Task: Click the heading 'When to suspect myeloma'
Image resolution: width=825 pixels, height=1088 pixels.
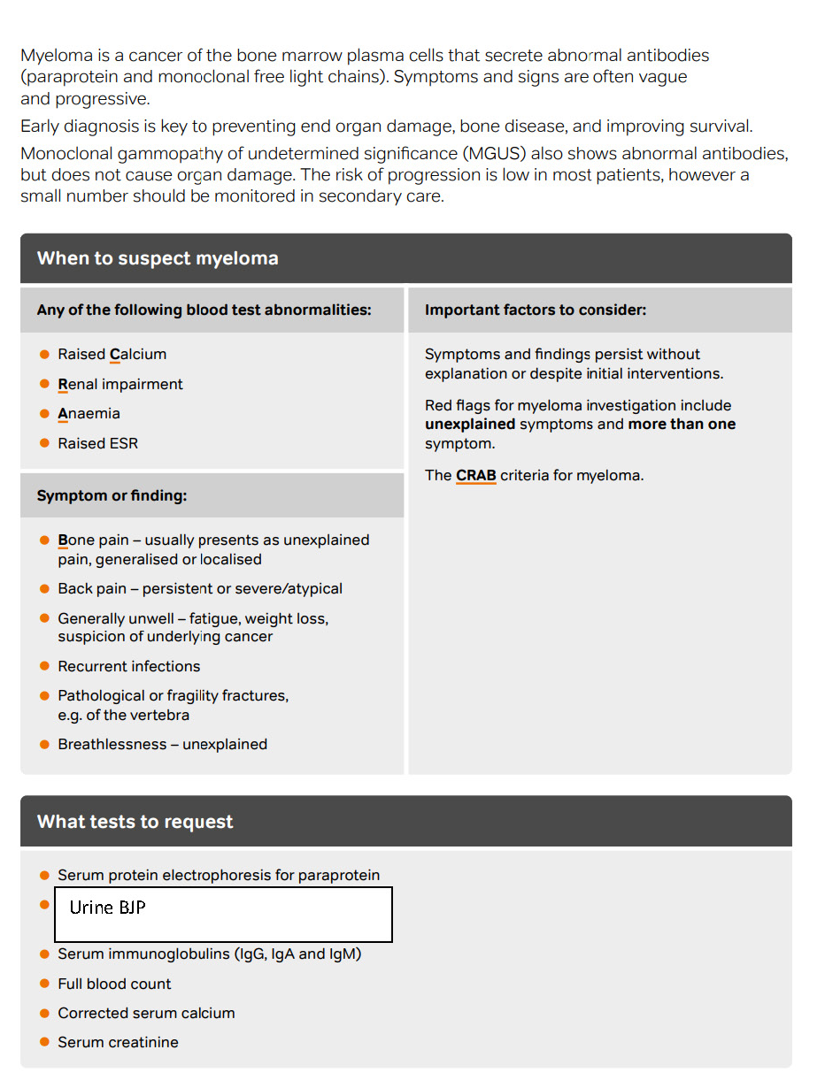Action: [x=158, y=258]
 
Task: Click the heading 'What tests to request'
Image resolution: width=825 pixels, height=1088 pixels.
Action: [x=135, y=822]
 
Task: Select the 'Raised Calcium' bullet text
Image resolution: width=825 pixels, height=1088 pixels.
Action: [x=112, y=355]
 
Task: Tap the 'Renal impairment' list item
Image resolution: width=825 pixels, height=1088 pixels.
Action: [x=120, y=384]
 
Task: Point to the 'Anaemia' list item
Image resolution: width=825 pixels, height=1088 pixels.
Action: [x=89, y=414]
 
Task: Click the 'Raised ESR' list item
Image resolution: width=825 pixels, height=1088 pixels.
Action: [x=97, y=443]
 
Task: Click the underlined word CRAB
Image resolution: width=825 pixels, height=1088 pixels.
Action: [x=475, y=476]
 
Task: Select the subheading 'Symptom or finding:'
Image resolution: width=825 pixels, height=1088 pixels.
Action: [x=112, y=496]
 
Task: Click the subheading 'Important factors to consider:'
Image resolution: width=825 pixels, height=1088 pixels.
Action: [x=535, y=310]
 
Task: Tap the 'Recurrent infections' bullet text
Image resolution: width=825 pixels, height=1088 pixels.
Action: [x=128, y=666]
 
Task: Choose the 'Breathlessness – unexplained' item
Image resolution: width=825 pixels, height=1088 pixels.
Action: [x=162, y=745]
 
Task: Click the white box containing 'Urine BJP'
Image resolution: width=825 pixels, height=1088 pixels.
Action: [x=223, y=915]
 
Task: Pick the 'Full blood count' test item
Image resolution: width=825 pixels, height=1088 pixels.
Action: [x=114, y=984]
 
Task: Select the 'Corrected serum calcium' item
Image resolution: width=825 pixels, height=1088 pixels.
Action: [x=146, y=1013]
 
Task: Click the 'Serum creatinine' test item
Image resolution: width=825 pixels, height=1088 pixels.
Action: [x=118, y=1042]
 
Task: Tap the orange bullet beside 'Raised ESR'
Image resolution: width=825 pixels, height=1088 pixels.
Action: [x=44, y=443]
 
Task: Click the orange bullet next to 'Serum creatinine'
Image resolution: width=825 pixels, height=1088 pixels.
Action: [x=44, y=1042]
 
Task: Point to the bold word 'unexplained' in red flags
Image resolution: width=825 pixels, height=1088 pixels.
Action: [x=469, y=425]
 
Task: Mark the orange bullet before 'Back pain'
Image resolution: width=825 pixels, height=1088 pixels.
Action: [x=44, y=589]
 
